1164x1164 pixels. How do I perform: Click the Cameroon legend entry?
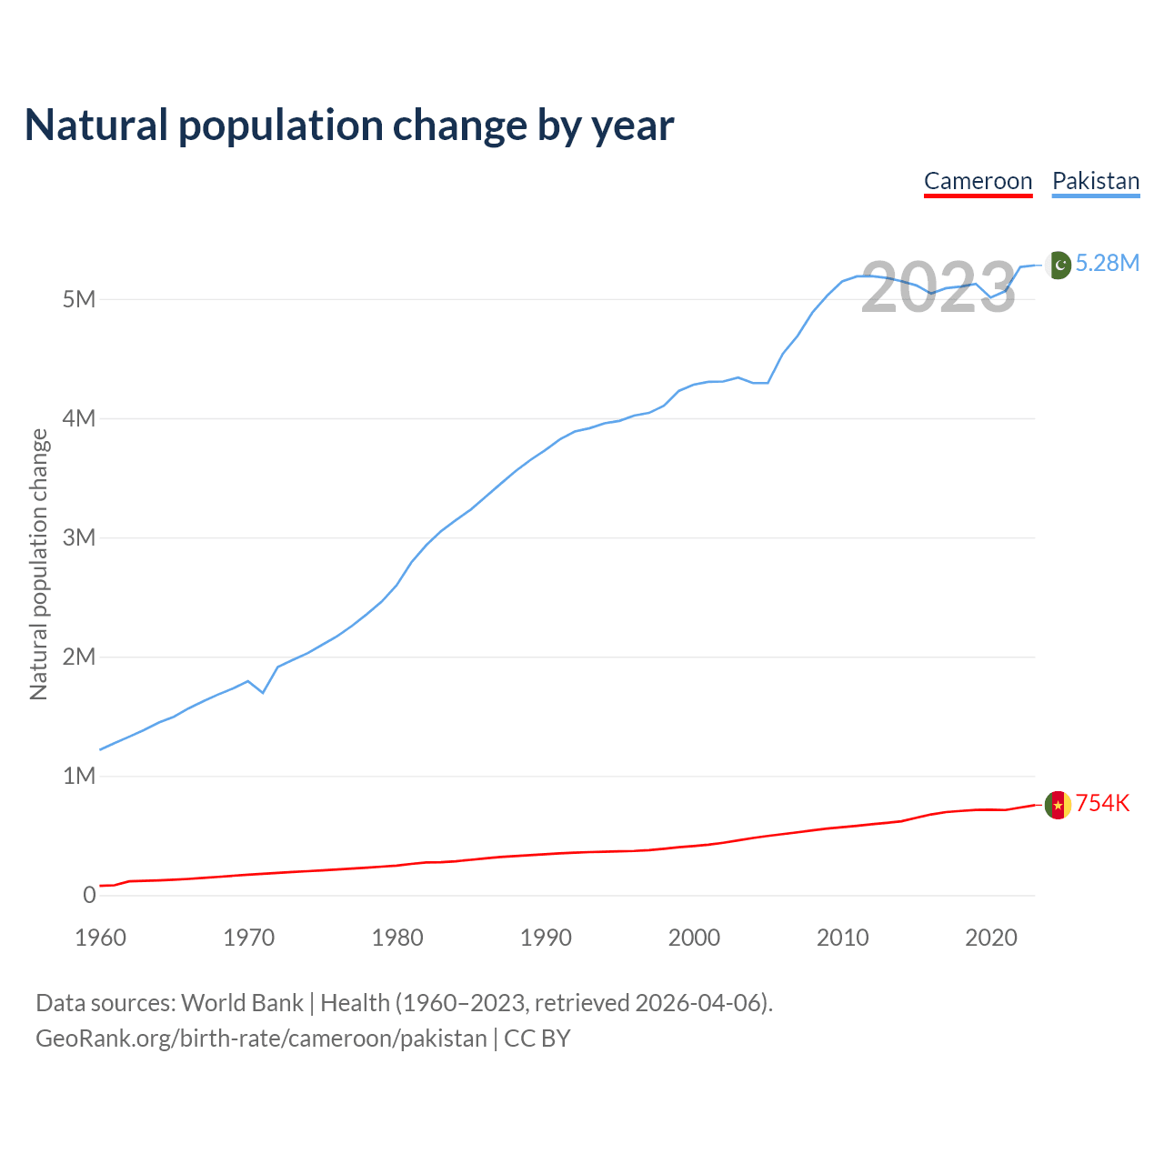978,181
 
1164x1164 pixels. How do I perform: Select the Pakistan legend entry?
1096,181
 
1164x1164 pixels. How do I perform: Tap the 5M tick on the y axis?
79,299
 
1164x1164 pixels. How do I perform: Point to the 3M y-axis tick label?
79,537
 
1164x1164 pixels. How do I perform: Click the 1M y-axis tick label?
79,776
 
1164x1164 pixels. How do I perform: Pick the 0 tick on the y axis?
89,895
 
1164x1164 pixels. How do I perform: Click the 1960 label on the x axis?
100,938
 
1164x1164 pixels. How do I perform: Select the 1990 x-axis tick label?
546,938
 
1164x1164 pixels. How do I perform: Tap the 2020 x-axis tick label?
991,938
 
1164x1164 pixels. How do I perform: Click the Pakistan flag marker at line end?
1058,265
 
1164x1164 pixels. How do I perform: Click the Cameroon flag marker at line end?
1058,805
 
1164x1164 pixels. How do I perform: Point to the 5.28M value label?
1108,264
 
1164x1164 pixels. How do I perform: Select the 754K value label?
1103,804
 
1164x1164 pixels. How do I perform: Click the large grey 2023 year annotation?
938,287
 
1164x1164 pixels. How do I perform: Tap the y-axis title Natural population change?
39,564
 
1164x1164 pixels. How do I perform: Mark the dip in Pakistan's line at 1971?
263,692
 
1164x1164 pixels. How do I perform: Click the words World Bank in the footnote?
242,1003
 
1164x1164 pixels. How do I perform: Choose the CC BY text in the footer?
537,1039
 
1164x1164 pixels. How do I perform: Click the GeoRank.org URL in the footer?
261,1039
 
